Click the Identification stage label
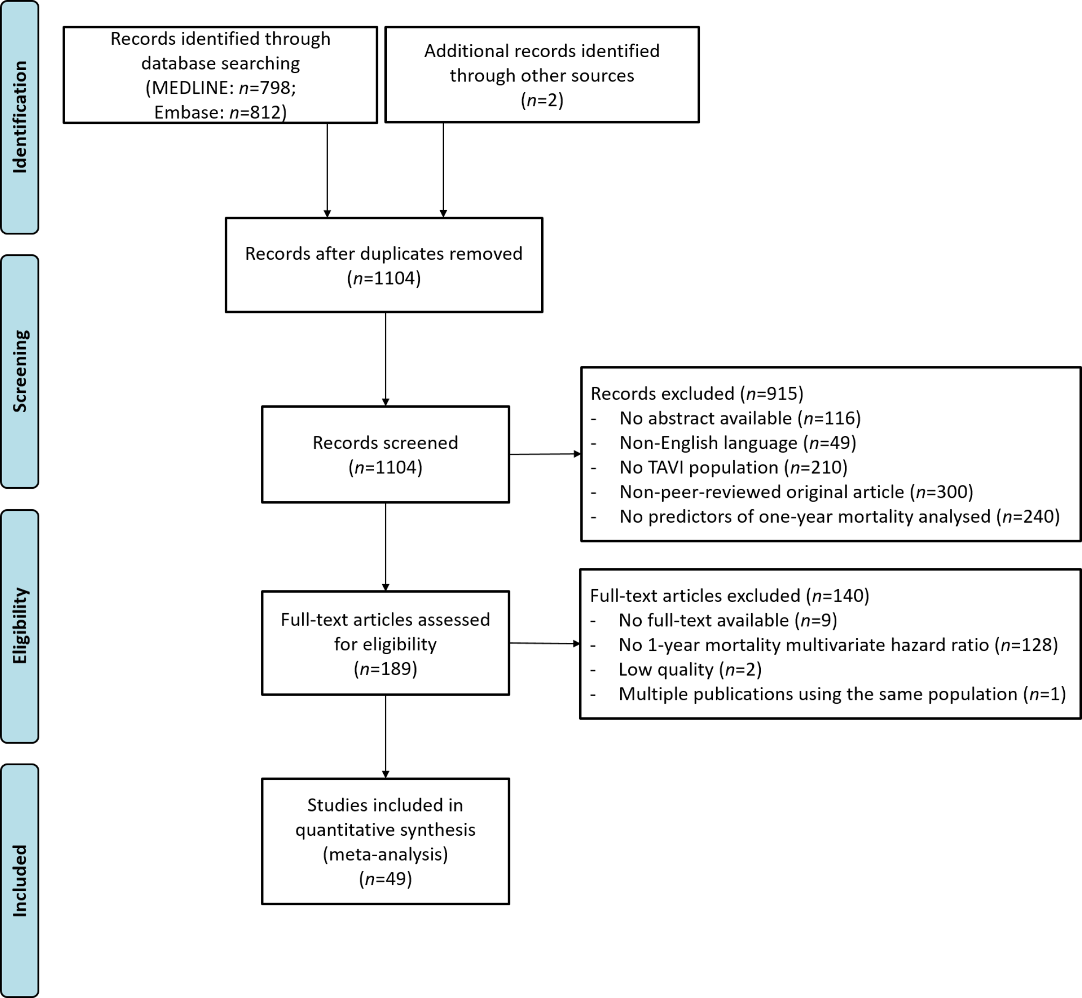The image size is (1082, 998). pyautogui.click(x=19, y=117)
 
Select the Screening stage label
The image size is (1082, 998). pyautogui.click(x=19, y=371)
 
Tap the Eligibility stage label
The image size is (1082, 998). pyautogui.click(x=19, y=626)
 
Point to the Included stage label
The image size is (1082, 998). pyautogui.click(x=19, y=881)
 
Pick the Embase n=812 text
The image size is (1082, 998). pyautogui.click(x=220, y=112)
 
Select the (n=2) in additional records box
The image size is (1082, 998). pyautogui.click(x=542, y=100)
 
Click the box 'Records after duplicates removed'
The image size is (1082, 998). pyautogui.click(x=384, y=265)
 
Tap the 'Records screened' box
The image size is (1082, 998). pyautogui.click(x=385, y=455)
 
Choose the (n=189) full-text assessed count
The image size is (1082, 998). pyautogui.click(x=385, y=669)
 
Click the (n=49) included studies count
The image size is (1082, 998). pyautogui.click(x=385, y=879)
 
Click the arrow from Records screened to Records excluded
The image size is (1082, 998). pyautogui.click(x=545, y=454)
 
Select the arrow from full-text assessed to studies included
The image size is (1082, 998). pyautogui.click(x=385, y=737)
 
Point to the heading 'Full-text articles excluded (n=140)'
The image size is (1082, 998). pyautogui.click(x=730, y=595)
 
